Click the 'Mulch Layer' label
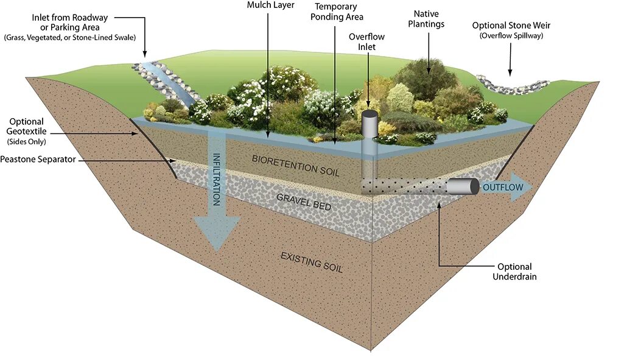(x=271, y=5)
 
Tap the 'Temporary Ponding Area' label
(x=337, y=12)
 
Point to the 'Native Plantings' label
(x=426, y=19)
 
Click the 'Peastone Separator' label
(x=38, y=160)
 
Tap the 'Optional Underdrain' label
(x=514, y=272)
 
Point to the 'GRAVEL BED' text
(x=304, y=202)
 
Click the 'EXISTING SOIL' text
(x=312, y=261)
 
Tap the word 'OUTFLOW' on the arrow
(x=502, y=187)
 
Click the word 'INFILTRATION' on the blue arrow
(x=216, y=179)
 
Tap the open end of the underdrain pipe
(x=474, y=187)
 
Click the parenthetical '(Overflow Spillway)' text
(x=511, y=36)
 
